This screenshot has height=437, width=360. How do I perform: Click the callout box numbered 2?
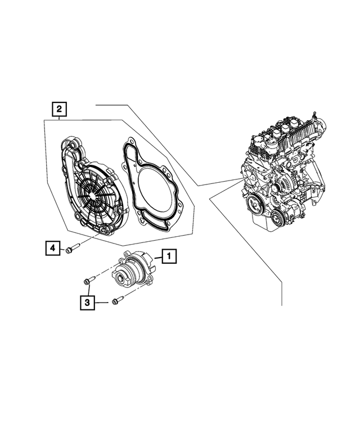coord(59,108)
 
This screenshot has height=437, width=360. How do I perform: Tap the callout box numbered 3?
coord(87,303)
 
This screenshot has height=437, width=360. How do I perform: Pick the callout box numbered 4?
coord(52,247)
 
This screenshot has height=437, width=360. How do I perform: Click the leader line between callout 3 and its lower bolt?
coord(102,303)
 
